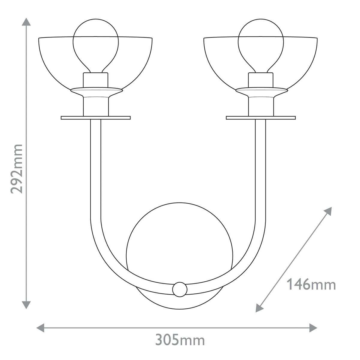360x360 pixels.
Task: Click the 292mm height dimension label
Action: tap(16, 169)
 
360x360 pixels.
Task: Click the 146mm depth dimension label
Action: tap(311, 284)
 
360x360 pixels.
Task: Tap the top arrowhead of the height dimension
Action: tap(27, 22)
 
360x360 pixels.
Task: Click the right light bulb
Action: tap(260, 42)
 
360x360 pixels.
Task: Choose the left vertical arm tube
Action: tap(96, 168)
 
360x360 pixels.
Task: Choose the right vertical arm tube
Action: tap(260, 168)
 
